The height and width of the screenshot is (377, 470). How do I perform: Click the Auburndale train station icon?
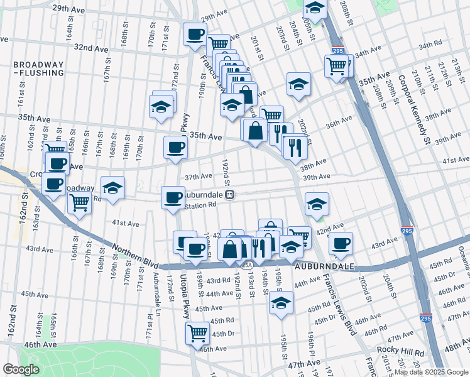231,194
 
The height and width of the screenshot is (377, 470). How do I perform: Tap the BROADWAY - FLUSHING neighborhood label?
38,68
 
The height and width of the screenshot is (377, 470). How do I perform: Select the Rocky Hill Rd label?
398,350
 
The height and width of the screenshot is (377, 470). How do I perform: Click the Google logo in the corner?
21,369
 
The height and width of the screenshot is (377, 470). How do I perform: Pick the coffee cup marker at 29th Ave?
195,33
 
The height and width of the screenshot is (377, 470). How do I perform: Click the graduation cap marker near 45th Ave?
281,302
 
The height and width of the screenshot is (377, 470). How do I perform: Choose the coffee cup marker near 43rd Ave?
341,243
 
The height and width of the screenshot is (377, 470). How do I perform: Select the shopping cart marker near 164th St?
79,202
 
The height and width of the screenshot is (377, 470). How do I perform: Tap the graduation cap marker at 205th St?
315,8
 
